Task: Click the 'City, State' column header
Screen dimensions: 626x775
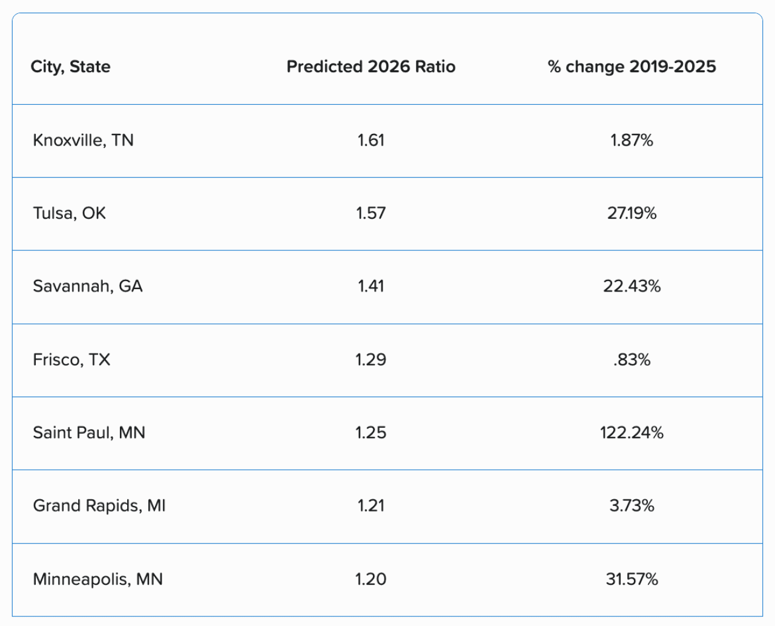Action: coord(70,67)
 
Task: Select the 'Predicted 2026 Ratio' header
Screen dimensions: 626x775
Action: coord(371,67)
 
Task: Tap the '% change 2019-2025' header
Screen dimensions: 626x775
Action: coord(632,67)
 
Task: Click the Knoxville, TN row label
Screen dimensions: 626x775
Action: coord(83,141)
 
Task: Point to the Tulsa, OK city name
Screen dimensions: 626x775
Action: coord(69,213)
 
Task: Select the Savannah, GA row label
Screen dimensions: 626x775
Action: coord(87,286)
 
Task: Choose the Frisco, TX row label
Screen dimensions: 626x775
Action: coord(71,360)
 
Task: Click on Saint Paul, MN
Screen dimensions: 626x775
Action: coord(88,433)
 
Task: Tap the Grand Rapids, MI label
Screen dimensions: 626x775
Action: coord(99,505)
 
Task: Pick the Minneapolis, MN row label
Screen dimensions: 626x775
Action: coord(97,579)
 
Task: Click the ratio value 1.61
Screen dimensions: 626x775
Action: coord(371,141)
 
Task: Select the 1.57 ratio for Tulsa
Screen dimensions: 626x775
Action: coord(371,213)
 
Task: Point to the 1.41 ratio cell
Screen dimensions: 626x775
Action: coord(371,286)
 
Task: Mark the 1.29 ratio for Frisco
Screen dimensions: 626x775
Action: coord(371,360)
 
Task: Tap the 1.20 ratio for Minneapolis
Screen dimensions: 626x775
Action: coord(371,579)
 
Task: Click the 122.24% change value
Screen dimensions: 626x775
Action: coord(632,433)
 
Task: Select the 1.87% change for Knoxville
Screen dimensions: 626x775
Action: coord(632,141)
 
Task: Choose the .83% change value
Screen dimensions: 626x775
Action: coord(632,360)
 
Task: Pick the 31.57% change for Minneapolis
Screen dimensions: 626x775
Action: coord(632,579)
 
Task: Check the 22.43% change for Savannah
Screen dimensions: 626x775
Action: coord(632,286)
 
